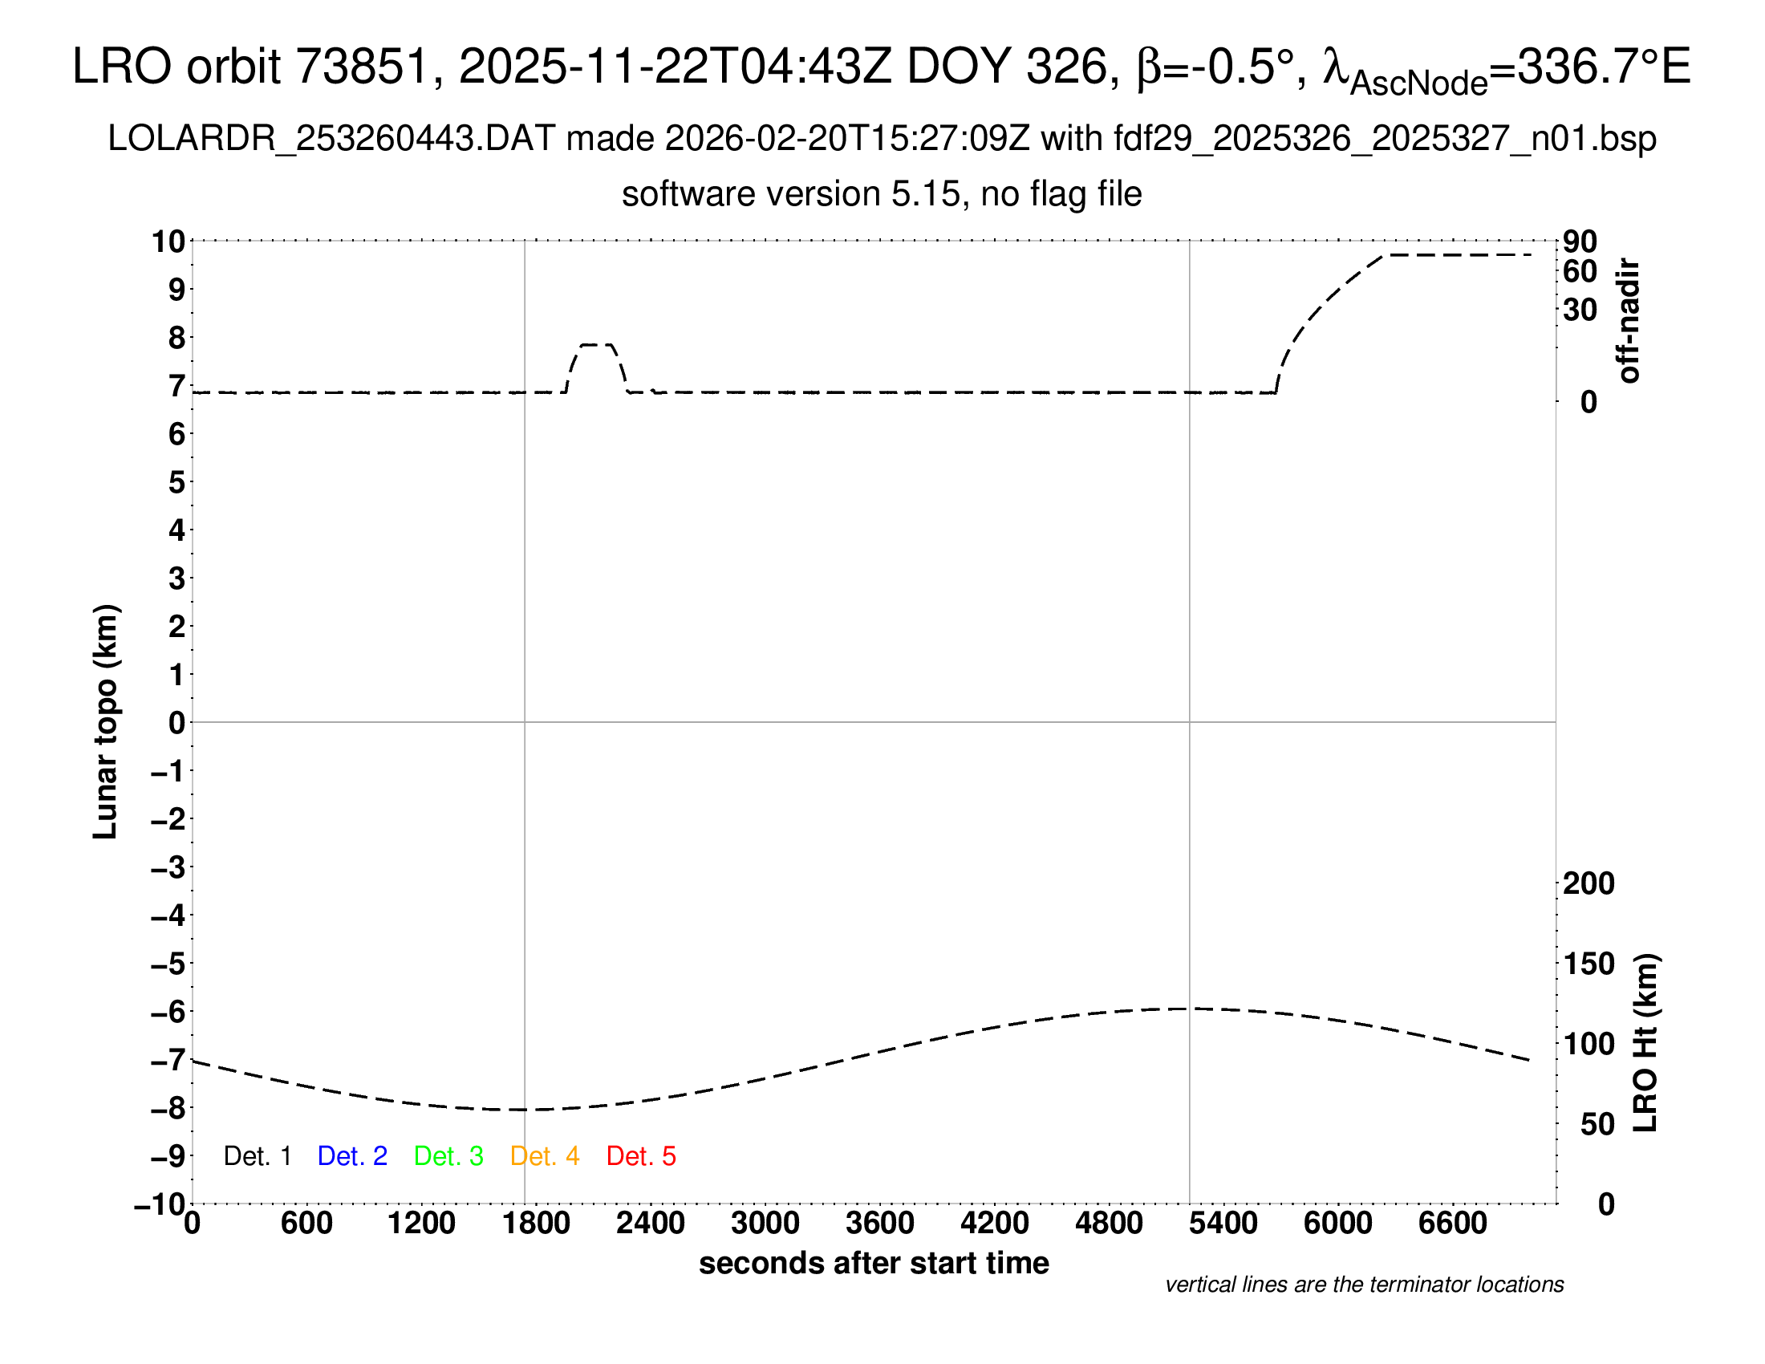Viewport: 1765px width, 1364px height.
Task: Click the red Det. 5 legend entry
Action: click(x=641, y=1156)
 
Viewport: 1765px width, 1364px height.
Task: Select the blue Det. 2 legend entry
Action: click(x=352, y=1156)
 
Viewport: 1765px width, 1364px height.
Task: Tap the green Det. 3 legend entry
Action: click(x=448, y=1156)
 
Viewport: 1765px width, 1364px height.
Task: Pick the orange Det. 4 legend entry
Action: click(x=545, y=1156)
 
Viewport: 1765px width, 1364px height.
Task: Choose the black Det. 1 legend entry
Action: click(x=257, y=1156)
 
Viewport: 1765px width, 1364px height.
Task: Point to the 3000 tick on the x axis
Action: click(x=765, y=1224)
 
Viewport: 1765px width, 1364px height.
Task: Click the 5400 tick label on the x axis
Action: click(x=1223, y=1224)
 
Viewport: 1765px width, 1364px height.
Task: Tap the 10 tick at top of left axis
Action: click(x=168, y=241)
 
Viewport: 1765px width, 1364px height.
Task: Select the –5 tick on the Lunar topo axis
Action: click(x=168, y=963)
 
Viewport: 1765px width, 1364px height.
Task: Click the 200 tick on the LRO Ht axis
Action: click(x=1588, y=883)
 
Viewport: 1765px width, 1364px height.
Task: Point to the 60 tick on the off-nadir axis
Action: click(x=1580, y=271)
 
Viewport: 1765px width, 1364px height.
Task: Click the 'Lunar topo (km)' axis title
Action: click(x=106, y=721)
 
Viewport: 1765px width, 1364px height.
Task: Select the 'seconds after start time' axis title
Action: click(x=874, y=1263)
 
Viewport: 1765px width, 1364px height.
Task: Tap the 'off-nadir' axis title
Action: click(x=1629, y=321)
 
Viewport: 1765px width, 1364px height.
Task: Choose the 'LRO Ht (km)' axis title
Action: click(x=1645, y=1043)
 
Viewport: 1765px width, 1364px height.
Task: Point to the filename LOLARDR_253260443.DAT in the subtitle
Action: click(x=331, y=139)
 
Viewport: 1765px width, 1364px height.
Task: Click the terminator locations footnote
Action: click(x=1364, y=1285)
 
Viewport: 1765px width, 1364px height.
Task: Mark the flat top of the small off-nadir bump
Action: click(x=596, y=345)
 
